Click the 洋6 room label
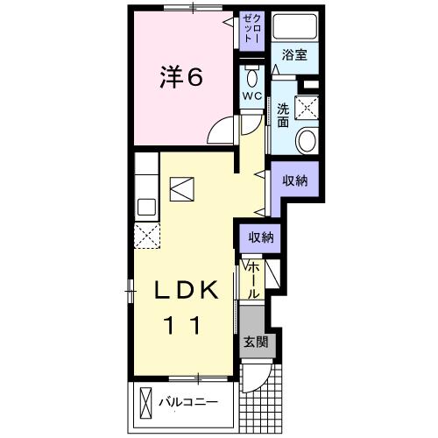[181, 77]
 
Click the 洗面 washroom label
[284, 116]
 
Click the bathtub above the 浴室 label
[294, 26]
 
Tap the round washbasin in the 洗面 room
[307, 140]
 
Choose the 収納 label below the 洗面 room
[294, 180]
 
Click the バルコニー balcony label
[188, 403]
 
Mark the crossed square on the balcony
[145, 404]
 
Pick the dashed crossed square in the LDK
[145, 234]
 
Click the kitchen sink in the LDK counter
[145, 208]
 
